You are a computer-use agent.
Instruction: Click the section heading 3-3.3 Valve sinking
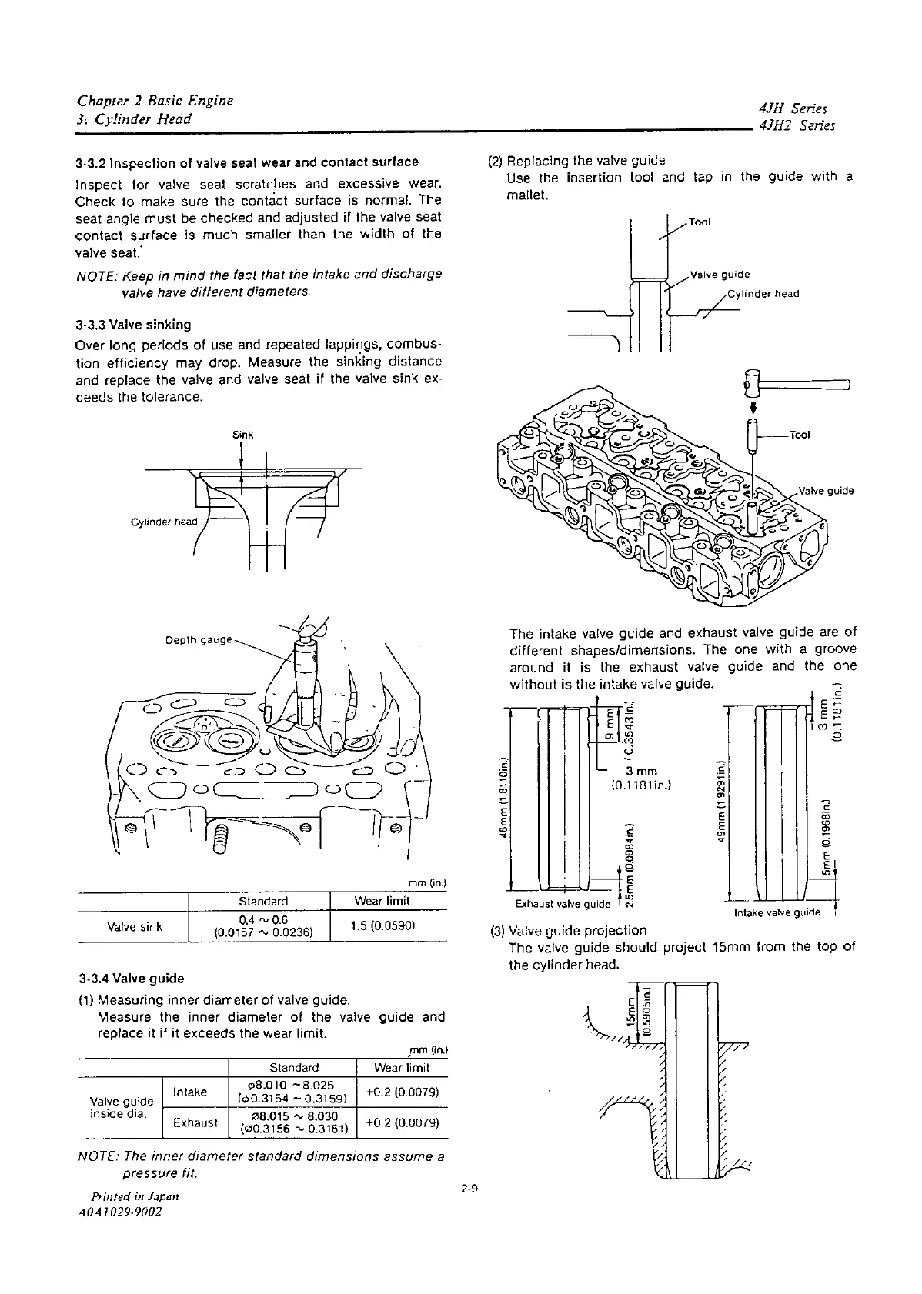click(134, 325)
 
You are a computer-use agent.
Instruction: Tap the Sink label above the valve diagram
click(242, 435)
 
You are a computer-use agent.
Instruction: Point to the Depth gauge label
click(199, 640)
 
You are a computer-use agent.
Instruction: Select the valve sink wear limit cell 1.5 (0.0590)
click(382, 925)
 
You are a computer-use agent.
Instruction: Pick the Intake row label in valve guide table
click(190, 1092)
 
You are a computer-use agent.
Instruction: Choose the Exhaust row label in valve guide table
click(195, 1122)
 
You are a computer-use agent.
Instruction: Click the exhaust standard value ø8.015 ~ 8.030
click(294, 1116)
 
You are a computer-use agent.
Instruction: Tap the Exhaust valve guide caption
click(562, 904)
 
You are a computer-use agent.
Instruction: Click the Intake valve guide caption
click(777, 913)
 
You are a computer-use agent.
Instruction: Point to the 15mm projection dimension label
click(631, 1009)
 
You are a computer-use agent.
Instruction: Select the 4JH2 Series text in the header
click(797, 127)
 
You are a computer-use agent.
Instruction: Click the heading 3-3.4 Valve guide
click(130, 979)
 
